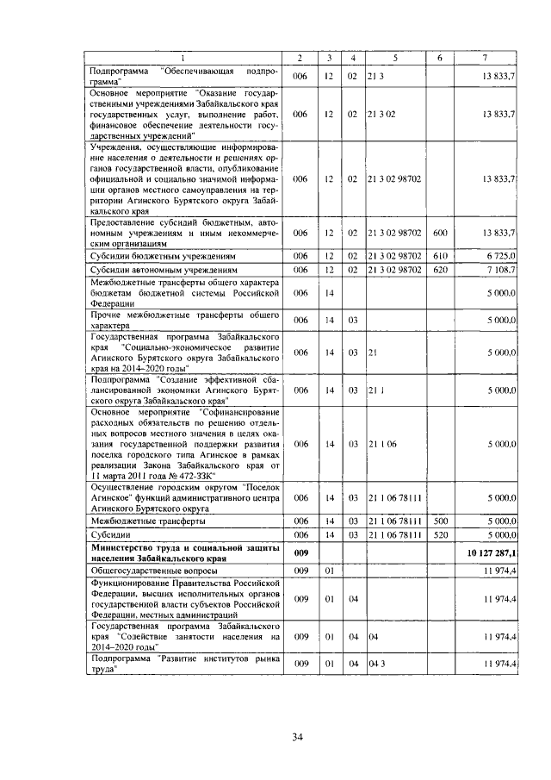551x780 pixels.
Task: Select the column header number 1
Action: click(183, 58)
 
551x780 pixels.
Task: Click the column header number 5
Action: click(394, 58)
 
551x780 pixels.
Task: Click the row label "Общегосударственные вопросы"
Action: click(154, 571)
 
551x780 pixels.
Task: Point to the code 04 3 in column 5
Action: click(374, 665)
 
